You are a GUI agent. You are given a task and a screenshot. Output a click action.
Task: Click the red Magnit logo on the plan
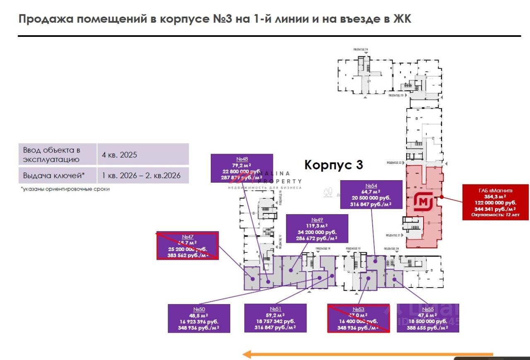pos(423,202)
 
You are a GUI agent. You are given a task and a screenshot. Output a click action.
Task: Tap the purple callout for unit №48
pos(242,168)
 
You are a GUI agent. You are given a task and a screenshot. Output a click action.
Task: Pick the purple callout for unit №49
pos(317,229)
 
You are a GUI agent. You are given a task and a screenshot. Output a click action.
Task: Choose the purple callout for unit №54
pos(371,194)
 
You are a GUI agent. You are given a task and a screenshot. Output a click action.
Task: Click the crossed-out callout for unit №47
pos(187,245)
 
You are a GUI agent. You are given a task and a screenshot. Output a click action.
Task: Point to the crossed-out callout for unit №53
pos(358,318)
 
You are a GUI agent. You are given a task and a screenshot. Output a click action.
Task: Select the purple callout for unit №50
pos(199,318)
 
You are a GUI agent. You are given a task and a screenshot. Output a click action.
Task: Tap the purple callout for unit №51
pos(275,318)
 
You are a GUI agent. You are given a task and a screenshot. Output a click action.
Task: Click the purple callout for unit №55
pos(428,318)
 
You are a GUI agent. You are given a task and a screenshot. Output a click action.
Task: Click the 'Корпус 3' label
pos(334,164)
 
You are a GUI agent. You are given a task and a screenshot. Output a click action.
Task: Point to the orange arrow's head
pos(247,354)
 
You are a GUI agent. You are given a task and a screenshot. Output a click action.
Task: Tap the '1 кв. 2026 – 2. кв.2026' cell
pos(143,176)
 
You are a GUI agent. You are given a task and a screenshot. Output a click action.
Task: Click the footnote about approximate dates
pos(65,189)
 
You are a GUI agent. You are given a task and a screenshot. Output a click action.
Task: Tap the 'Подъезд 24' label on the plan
pos(360,49)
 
